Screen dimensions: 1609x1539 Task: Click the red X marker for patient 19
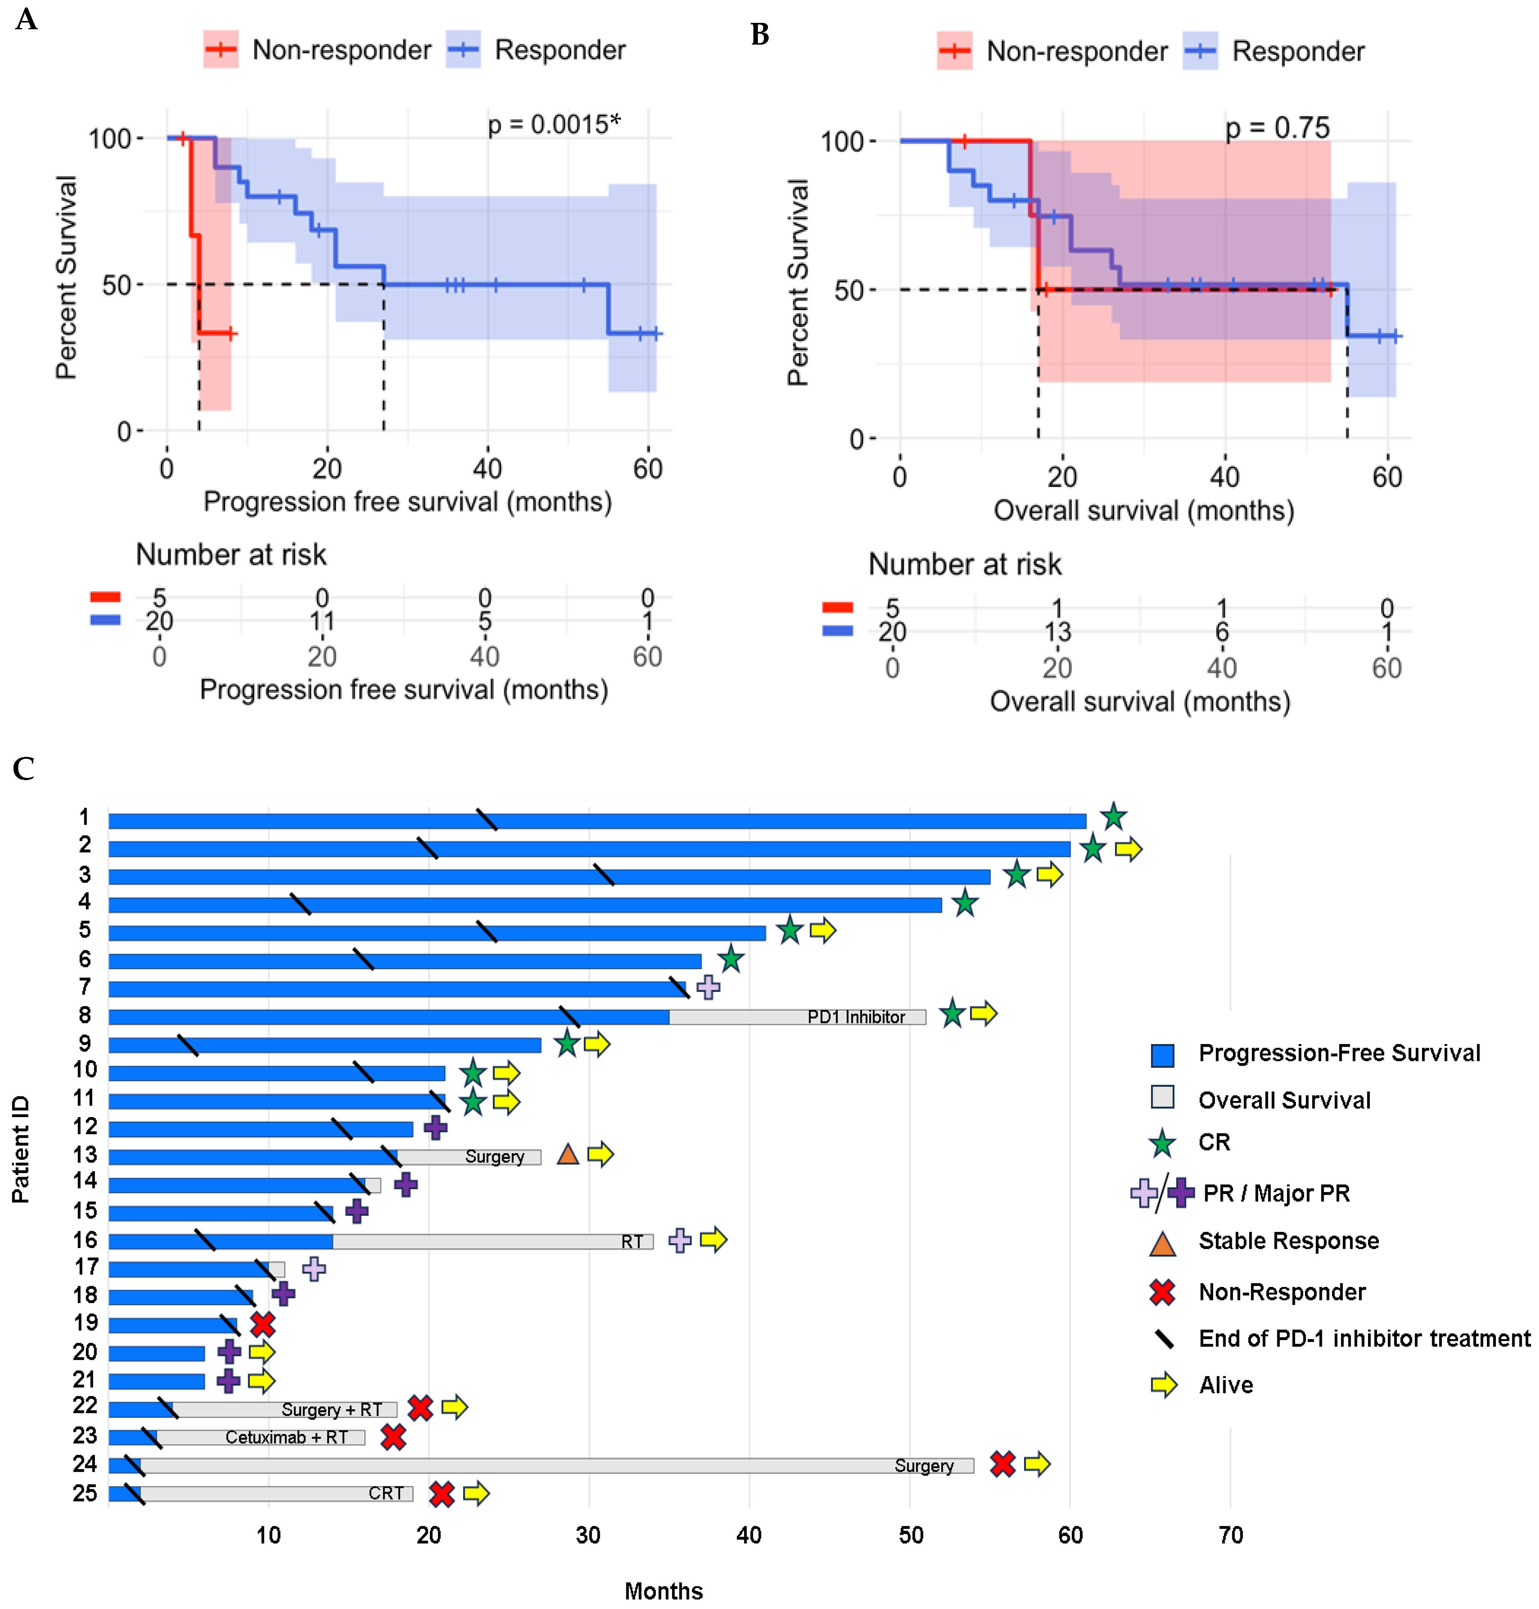point(262,1324)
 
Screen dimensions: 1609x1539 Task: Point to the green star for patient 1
point(1112,817)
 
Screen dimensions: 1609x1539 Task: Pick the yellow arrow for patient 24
point(1037,1463)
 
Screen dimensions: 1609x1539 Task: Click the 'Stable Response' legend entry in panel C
point(1288,1241)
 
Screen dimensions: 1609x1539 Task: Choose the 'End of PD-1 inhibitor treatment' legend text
point(1363,1338)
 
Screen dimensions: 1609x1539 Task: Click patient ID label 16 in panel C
point(85,1240)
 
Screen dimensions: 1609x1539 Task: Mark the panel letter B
point(760,34)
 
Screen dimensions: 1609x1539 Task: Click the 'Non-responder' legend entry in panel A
point(341,50)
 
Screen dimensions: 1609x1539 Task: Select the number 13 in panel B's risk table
point(1057,631)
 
